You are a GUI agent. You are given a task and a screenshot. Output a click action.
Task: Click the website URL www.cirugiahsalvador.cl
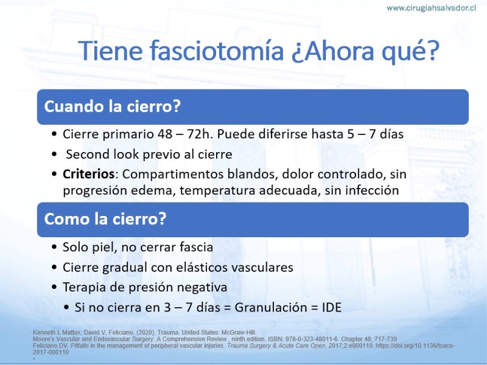pyautogui.click(x=431, y=8)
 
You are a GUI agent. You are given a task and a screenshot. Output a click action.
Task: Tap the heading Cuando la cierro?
pyautogui.click(x=113, y=106)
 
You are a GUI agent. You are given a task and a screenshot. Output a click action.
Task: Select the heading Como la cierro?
pyautogui.click(x=105, y=219)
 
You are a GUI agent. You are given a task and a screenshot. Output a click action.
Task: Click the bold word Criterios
pyautogui.click(x=88, y=174)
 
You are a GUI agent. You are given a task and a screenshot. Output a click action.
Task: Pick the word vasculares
pyautogui.click(x=263, y=267)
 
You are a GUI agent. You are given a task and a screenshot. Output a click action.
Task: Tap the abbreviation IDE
pyautogui.click(x=332, y=307)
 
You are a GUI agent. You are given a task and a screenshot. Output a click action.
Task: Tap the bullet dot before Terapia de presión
pyautogui.click(x=55, y=287)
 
